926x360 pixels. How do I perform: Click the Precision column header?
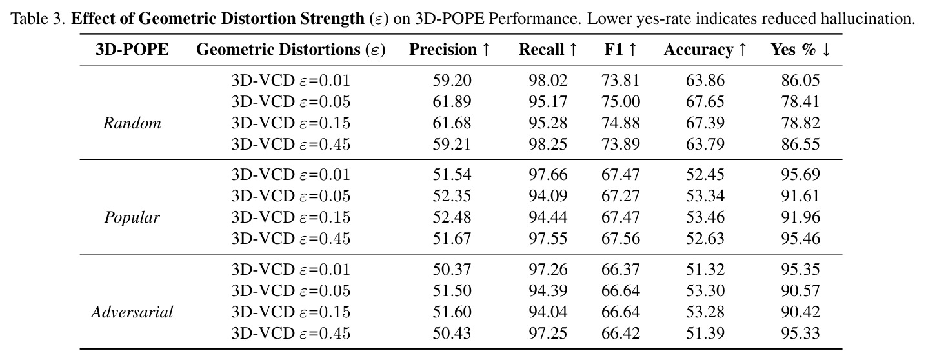449,50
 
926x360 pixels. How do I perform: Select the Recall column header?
548,50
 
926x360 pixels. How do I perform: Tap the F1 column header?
620,50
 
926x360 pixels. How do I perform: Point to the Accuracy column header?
705,50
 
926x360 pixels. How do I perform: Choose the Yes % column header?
800,50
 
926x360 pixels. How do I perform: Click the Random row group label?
132,123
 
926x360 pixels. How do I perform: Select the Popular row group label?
132,217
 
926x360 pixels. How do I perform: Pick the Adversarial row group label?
132,312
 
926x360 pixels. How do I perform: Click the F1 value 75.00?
621,102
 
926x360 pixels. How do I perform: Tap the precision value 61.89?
452,102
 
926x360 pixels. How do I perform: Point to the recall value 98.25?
548,145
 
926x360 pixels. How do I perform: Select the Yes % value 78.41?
800,102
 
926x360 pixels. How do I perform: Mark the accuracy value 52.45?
705,174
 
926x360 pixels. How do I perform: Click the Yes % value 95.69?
800,174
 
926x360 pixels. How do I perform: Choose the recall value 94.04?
548,312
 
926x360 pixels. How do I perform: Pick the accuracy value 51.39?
705,333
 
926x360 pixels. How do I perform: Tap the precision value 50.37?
452,270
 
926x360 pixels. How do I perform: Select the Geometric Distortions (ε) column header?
290,50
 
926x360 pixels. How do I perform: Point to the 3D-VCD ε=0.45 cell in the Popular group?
290,239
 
